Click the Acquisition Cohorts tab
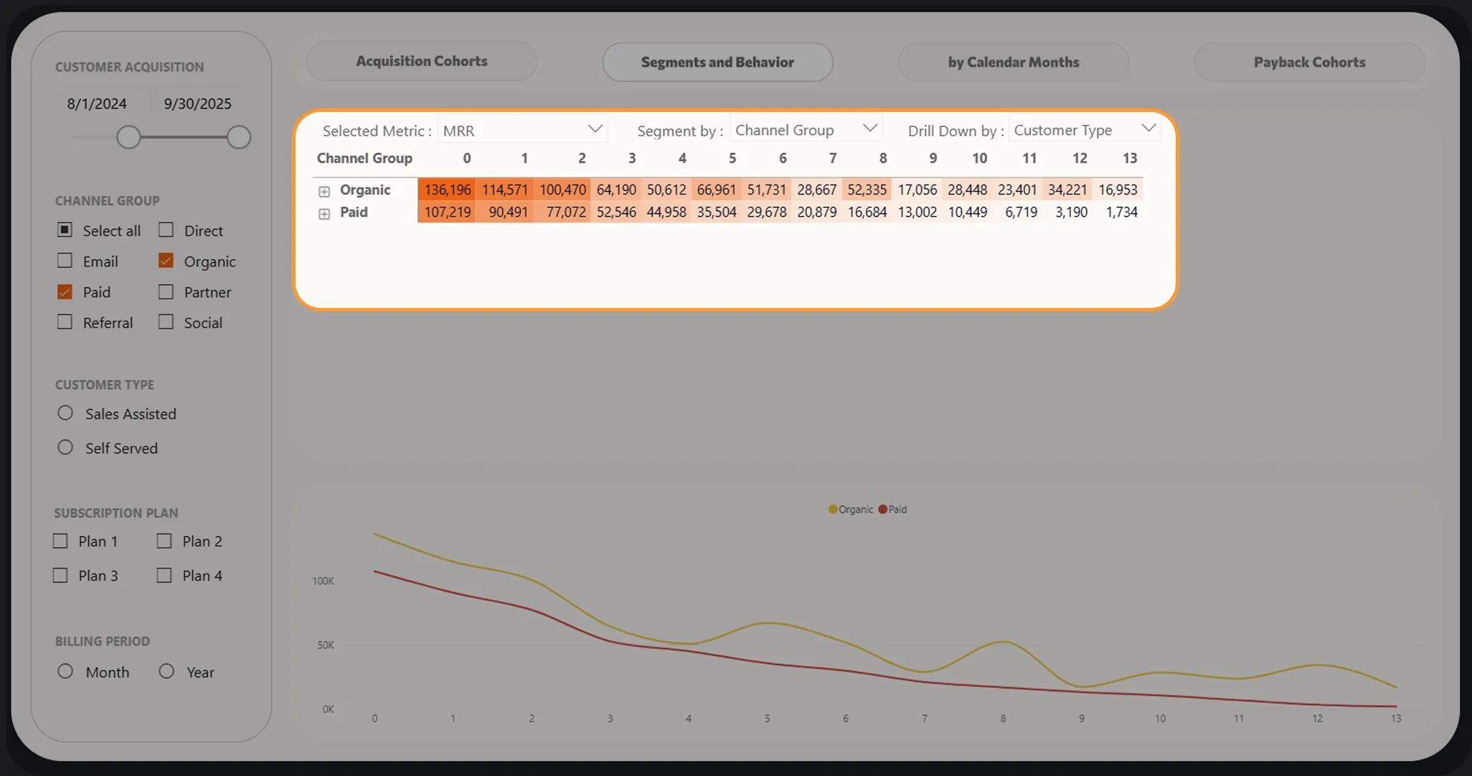tap(422, 61)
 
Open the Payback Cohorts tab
tap(1309, 62)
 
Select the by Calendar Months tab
tap(1013, 62)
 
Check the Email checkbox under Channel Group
tap(65, 261)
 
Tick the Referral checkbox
tap(65, 322)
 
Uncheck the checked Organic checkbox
tap(166, 261)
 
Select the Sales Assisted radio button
tap(65, 413)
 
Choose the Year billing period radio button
tap(166, 671)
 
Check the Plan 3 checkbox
tap(60, 575)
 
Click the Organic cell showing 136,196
tap(447, 190)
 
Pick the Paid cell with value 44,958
tap(666, 212)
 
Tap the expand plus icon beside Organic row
tap(324, 191)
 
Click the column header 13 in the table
tap(1130, 158)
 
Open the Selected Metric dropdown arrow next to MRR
tap(595, 129)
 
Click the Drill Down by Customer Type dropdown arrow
tap(1148, 128)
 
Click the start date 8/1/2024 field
tap(97, 103)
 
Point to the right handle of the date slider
tap(239, 137)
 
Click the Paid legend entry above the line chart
tap(892, 509)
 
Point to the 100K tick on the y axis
tap(323, 581)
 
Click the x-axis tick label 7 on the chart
tap(925, 718)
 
